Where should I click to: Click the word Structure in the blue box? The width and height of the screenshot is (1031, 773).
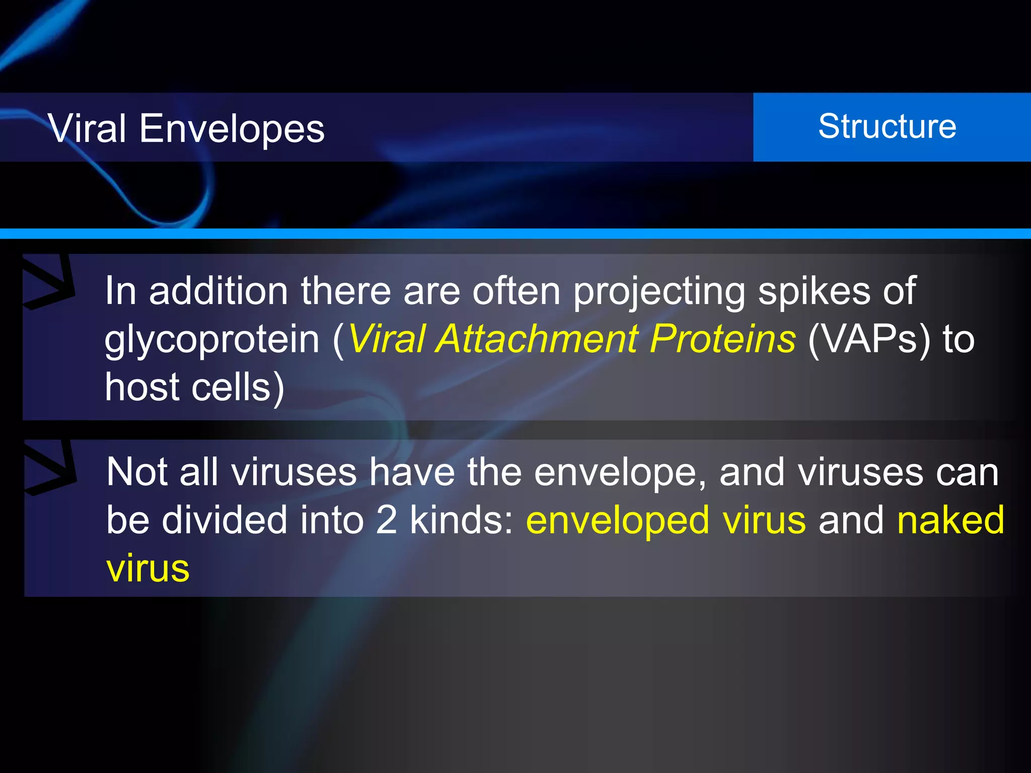click(887, 126)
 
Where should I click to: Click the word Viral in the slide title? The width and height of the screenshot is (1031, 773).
click(87, 128)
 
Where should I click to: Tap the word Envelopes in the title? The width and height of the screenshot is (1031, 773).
click(232, 129)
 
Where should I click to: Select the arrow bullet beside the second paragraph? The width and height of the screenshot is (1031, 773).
click(50, 467)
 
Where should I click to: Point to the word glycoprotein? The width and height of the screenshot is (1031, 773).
click(212, 340)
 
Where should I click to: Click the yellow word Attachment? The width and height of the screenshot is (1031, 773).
click(537, 339)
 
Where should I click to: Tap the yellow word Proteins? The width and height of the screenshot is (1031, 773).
click(722, 339)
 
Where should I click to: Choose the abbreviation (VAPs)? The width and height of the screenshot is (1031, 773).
click(869, 340)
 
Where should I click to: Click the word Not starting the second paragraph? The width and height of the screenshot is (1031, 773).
click(136, 472)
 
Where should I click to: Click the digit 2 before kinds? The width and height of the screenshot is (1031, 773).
click(387, 520)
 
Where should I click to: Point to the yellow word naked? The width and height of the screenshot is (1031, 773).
click(950, 520)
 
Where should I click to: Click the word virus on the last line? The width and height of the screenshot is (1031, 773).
click(148, 569)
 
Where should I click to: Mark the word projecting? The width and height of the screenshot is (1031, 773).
click(659, 292)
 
